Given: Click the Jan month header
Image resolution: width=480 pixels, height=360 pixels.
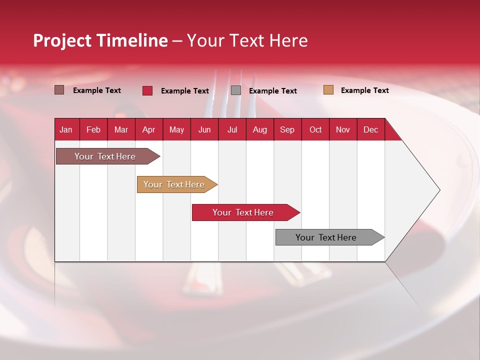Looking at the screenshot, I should click(x=66, y=129).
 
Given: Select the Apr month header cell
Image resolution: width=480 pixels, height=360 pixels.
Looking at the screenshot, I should click(x=149, y=129).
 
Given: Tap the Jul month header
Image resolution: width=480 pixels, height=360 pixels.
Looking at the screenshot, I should click(x=232, y=129).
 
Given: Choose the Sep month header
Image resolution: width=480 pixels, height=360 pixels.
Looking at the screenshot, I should click(x=287, y=129).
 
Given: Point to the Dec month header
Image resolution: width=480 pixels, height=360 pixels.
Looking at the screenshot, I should click(x=370, y=129).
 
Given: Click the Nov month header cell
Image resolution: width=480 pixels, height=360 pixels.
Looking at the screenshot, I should click(x=342, y=129).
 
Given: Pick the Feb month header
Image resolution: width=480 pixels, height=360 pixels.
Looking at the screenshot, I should click(x=93, y=129).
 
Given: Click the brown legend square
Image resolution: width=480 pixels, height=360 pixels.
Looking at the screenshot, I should click(x=59, y=90).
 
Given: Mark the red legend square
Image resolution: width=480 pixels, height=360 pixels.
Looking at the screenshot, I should click(x=147, y=90).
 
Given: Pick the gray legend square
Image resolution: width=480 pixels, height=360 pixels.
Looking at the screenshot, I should click(x=236, y=90).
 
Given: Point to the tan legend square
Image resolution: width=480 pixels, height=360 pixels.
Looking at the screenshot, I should click(x=328, y=90).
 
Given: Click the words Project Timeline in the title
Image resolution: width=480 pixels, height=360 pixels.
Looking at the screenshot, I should click(x=100, y=40).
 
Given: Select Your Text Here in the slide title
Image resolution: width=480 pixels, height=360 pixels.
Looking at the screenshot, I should click(x=247, y=40).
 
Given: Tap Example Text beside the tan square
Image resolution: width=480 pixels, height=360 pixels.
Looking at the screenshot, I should click(x=364, y=90).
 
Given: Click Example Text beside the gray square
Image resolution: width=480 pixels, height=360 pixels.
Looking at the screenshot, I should click(x=272, y=91).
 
